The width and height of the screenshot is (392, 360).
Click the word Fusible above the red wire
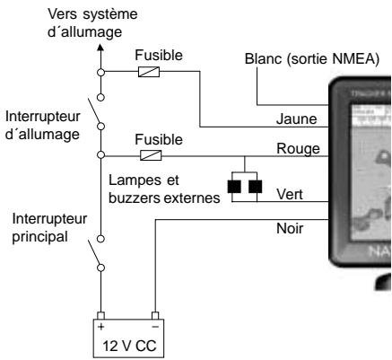[x=158, y=140]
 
